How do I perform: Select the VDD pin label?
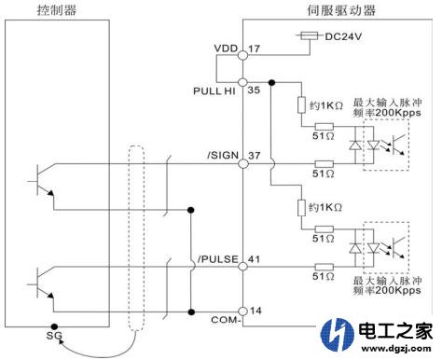pyautogui.click(x=225, y=48)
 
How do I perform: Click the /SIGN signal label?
pyautogui.click(x=222, y=155)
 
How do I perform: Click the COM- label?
pyautogui.click(x=227, y=322)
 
